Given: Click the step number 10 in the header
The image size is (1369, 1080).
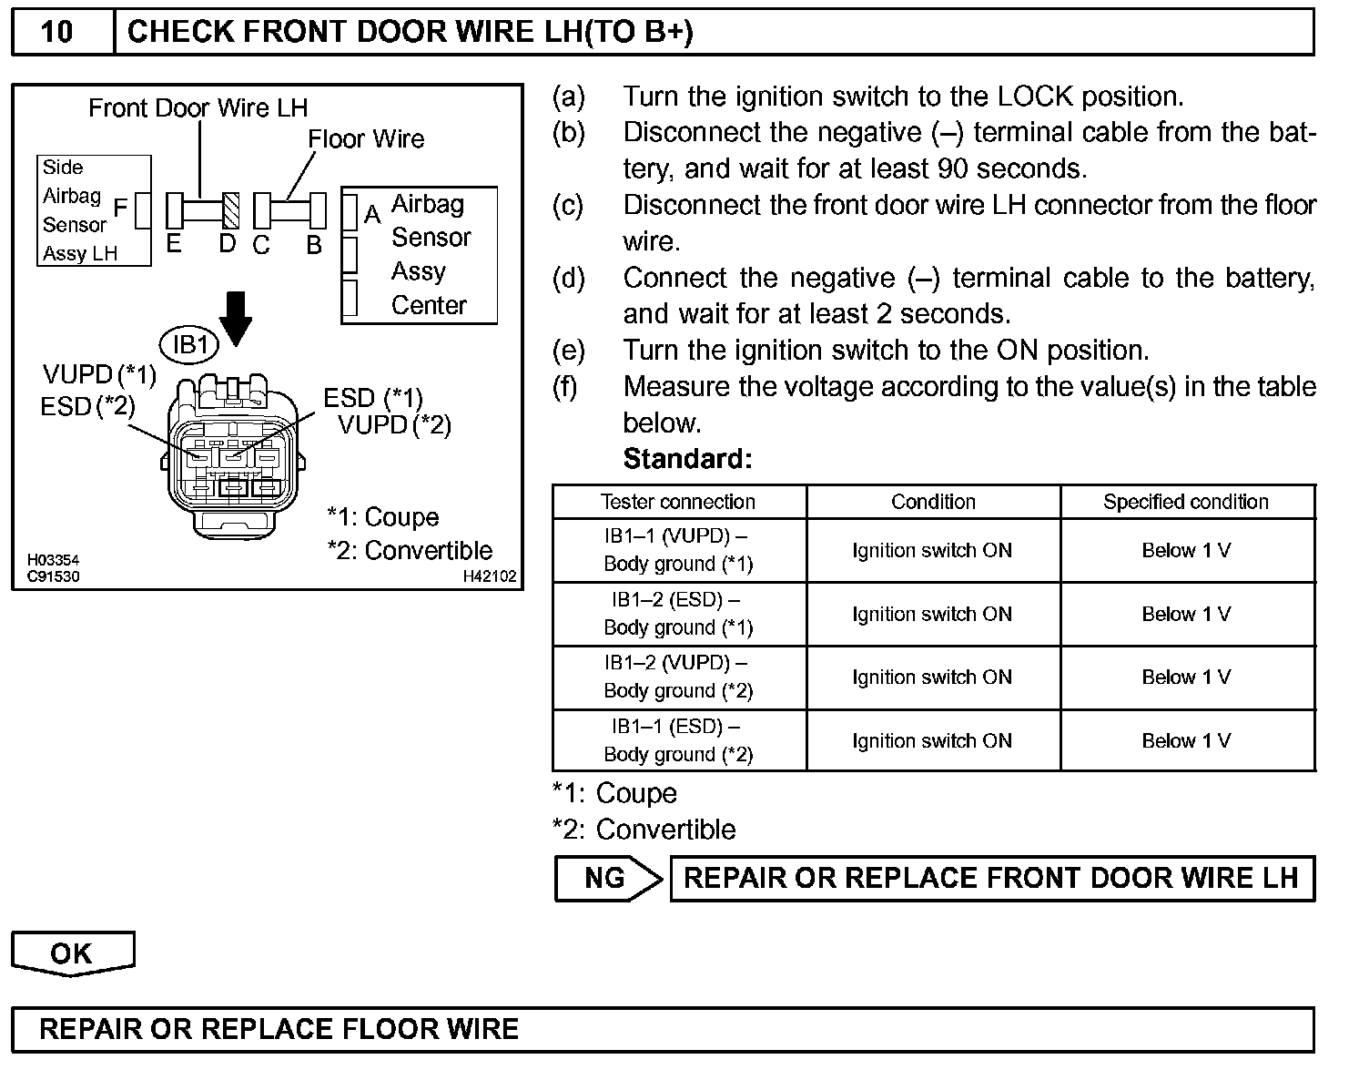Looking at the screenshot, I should [56, 32].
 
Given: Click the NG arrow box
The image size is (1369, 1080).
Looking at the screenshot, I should [607, 879].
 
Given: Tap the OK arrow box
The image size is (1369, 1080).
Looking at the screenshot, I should [72, 953].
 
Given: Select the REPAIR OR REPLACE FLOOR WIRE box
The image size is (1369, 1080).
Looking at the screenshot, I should [662, 1030].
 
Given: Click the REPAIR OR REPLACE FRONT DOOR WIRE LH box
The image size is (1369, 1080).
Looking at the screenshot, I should [991, 879].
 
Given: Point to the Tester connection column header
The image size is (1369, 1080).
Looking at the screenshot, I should [678, 502].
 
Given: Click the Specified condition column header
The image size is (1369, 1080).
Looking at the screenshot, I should [1186, 502].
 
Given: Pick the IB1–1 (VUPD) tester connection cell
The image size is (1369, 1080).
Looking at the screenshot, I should [678, 550].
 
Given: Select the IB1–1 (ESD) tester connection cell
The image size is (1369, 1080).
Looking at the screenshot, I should [678, 740].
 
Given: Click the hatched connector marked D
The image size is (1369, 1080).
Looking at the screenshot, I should [231, 210].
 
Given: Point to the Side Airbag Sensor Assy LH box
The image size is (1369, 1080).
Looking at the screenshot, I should [94, 210].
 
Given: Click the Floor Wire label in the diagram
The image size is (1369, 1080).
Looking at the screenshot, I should [366, 139].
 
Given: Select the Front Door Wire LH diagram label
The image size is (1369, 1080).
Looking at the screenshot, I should [198, 108].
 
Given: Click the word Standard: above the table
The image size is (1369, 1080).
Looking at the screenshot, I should [687, 459].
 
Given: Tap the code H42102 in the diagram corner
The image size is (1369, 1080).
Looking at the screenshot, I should [490, 576].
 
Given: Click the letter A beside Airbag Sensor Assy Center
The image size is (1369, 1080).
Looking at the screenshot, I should [371, 215].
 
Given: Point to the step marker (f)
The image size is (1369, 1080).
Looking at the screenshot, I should [566, 387].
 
